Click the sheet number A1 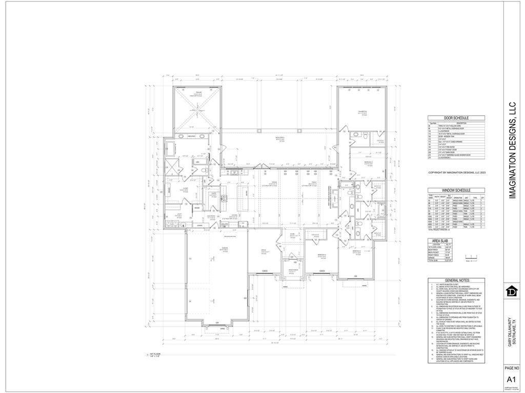tap(511, 380)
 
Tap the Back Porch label tap(279, 139)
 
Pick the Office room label tap(265, 252)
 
